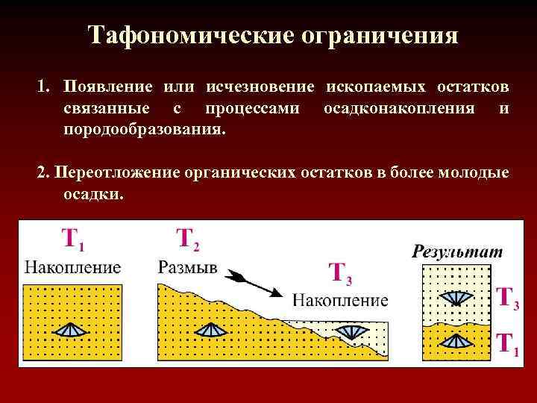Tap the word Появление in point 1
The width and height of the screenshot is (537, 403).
tap(109, 89)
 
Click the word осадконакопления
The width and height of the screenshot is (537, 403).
tap(399, 109)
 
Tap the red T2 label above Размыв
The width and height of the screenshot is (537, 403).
tap(187, 239)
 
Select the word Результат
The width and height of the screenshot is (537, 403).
tap(457, 252)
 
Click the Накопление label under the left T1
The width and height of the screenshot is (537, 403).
tap(72, 266)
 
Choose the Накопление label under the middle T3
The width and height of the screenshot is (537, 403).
tap(340, 301)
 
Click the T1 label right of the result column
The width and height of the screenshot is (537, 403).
tap(507, 345)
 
